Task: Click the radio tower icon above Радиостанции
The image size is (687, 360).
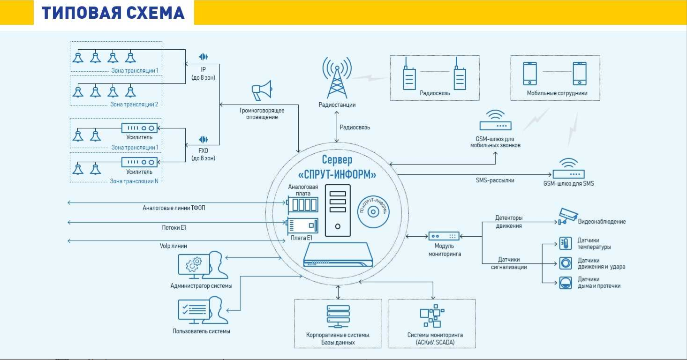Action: (x=337, y=77)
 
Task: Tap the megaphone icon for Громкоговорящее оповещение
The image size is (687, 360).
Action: (x=262, y=90)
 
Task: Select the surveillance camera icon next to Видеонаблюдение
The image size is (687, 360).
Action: (x=567, y=216)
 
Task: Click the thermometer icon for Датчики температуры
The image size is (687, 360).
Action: (x=566, y=243)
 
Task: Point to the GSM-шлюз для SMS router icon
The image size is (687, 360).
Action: (x=568, y=170)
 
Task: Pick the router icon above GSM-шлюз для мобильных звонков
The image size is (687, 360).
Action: (x=495, y=121)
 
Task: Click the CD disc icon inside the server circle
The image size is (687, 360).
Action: (x=373, y=211)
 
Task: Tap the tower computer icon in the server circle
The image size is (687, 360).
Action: (x=338, y=210)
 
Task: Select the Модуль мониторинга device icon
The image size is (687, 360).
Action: (x=443, y=236)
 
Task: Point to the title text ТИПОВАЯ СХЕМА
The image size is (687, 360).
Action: (x=113, y=13)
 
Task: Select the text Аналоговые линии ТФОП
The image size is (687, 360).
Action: (x=174, y=207)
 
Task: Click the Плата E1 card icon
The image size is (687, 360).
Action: (x=303, y=225)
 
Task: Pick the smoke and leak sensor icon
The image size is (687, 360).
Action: (x=566, y=283)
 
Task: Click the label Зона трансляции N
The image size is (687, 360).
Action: (x=134, y=181)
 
